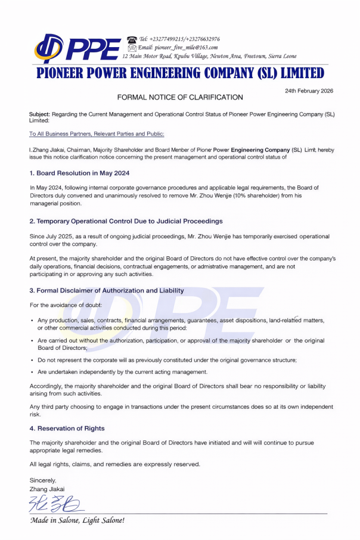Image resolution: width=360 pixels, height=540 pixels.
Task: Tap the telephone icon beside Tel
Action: (132, 39)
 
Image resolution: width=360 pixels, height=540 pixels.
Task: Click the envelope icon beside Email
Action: (132, 47)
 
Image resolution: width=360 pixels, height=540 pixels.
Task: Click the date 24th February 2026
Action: (309, 91)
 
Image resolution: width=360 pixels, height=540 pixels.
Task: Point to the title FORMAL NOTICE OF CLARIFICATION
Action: (180, 97)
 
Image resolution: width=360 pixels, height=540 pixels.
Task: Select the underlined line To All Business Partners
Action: (97, 134)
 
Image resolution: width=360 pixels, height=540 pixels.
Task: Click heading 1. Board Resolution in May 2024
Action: (79, 173)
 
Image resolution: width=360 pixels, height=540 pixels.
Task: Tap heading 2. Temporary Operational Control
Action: (126, 221)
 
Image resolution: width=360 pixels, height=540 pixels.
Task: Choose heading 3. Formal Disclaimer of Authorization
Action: (107, 290)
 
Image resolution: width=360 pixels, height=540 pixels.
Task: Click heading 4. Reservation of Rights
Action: (67, 428)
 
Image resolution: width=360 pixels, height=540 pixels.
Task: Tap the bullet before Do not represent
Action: (32, 361)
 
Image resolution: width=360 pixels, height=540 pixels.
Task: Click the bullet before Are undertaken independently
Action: (32, 372)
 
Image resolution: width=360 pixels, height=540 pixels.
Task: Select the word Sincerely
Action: (43, 480)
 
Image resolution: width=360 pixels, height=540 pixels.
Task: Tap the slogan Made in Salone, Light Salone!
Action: (77, 521)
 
